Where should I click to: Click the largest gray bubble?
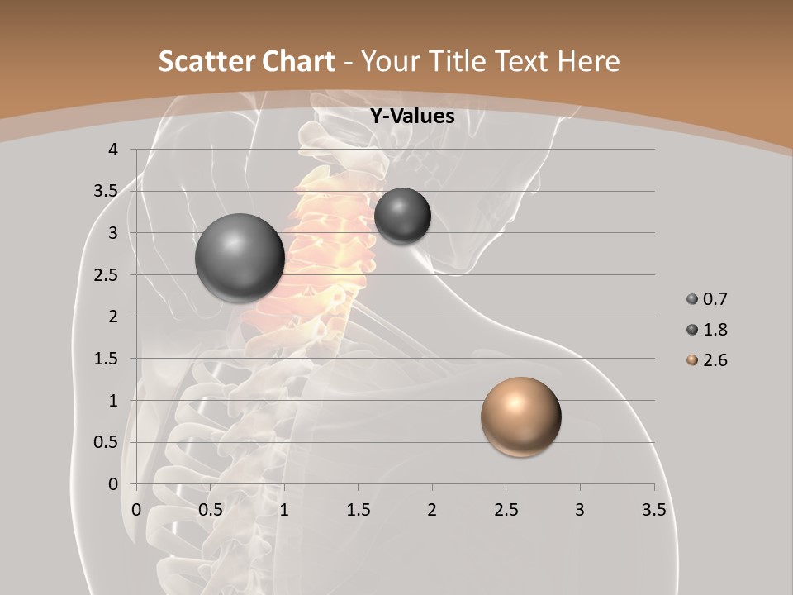[240, 258]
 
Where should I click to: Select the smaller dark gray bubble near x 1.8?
[402, 216]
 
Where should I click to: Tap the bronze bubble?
[520, 416]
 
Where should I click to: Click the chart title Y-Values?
[411, 117]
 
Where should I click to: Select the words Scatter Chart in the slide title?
[246, 61]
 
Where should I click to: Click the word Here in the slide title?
[588, 61]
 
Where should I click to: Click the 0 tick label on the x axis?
[137, 510]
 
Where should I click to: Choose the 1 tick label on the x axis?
[284, 510]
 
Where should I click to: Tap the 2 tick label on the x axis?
[432, 510]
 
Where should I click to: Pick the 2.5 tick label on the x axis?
[506, 510]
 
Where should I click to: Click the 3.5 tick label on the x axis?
[653, 510]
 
